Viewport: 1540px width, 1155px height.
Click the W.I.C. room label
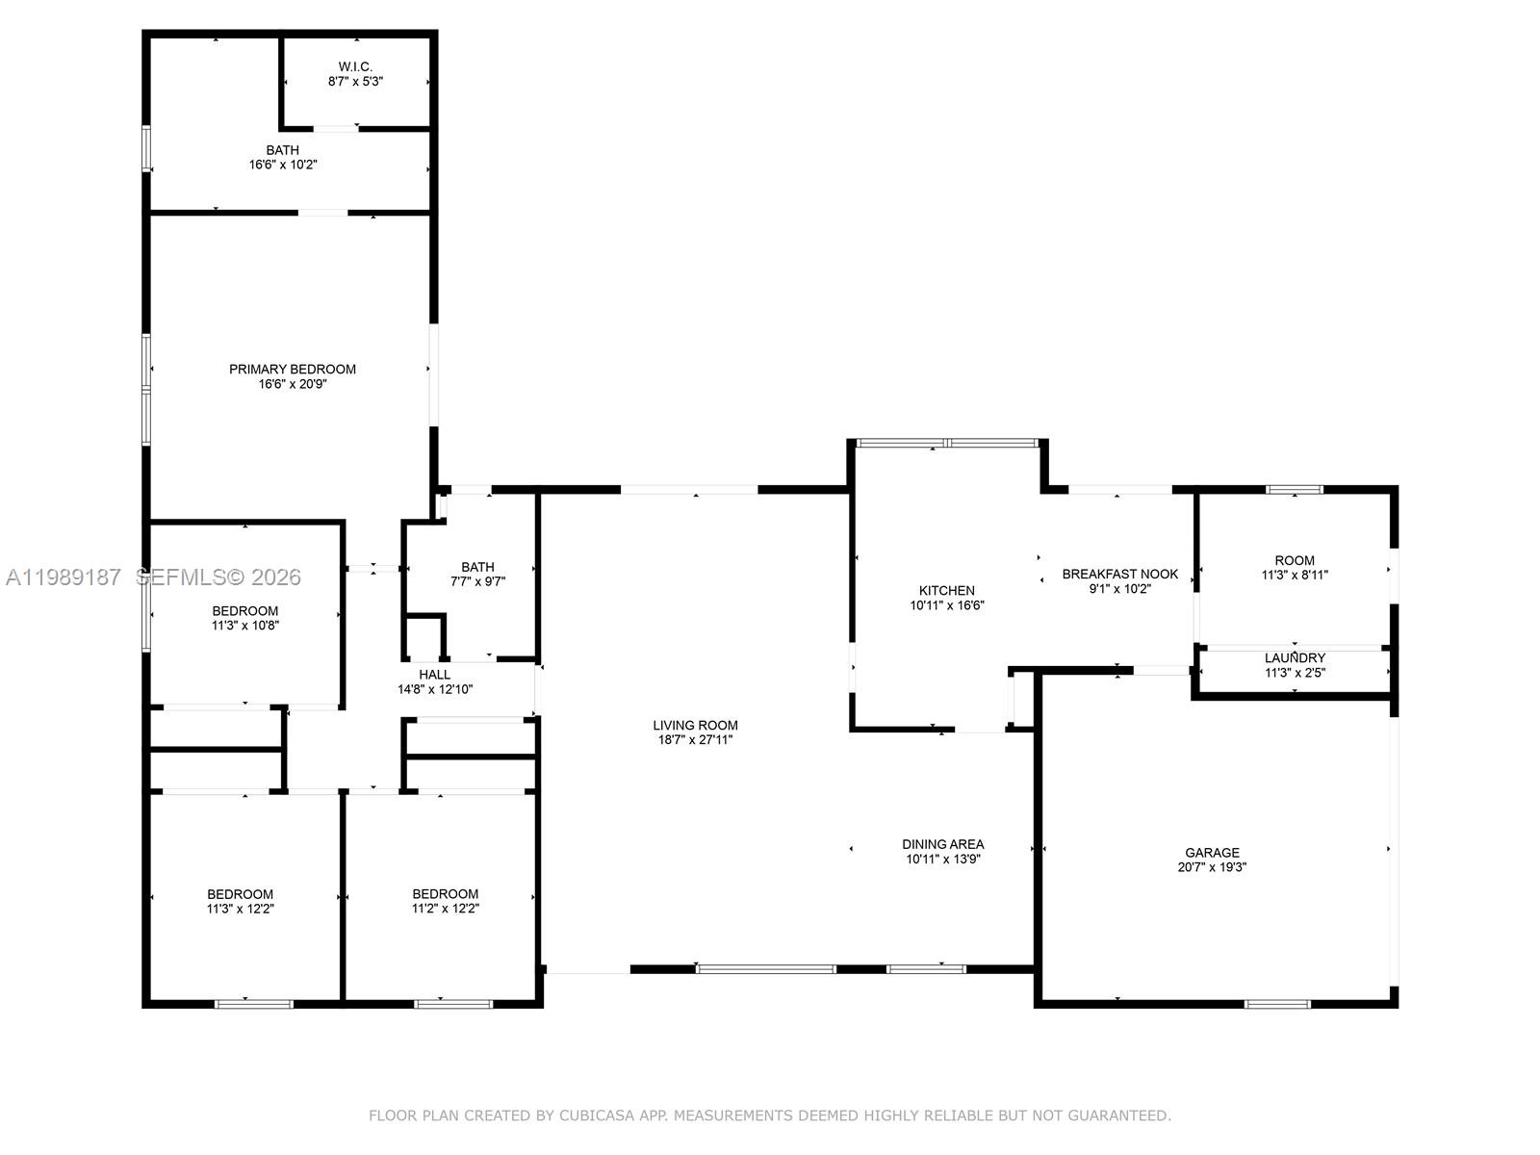[x=355, y=66]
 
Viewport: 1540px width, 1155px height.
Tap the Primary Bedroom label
[x=293, y=369]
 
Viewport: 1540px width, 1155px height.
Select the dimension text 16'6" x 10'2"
[x=283, y=165]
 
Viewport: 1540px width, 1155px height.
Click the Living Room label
[x=695, y=726]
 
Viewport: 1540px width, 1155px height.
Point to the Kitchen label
[x=947, y=590]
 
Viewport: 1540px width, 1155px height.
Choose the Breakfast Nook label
[x=1119, y=574]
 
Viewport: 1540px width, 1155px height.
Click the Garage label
[x=1212, y=852]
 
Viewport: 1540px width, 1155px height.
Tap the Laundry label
[x=1295, y=658]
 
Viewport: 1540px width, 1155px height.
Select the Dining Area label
[x=942, y=844]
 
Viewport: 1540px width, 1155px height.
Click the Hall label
[x=435, y=675]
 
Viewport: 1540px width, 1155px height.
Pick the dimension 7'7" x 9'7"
[x=477, y=581]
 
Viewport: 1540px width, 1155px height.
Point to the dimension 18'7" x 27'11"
[x=695, y=740]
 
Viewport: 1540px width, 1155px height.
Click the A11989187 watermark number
[x=64, y=577]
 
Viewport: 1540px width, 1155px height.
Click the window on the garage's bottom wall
[x=1277, y=1004]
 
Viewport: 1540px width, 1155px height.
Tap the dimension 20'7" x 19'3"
[x=1212, y=867]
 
